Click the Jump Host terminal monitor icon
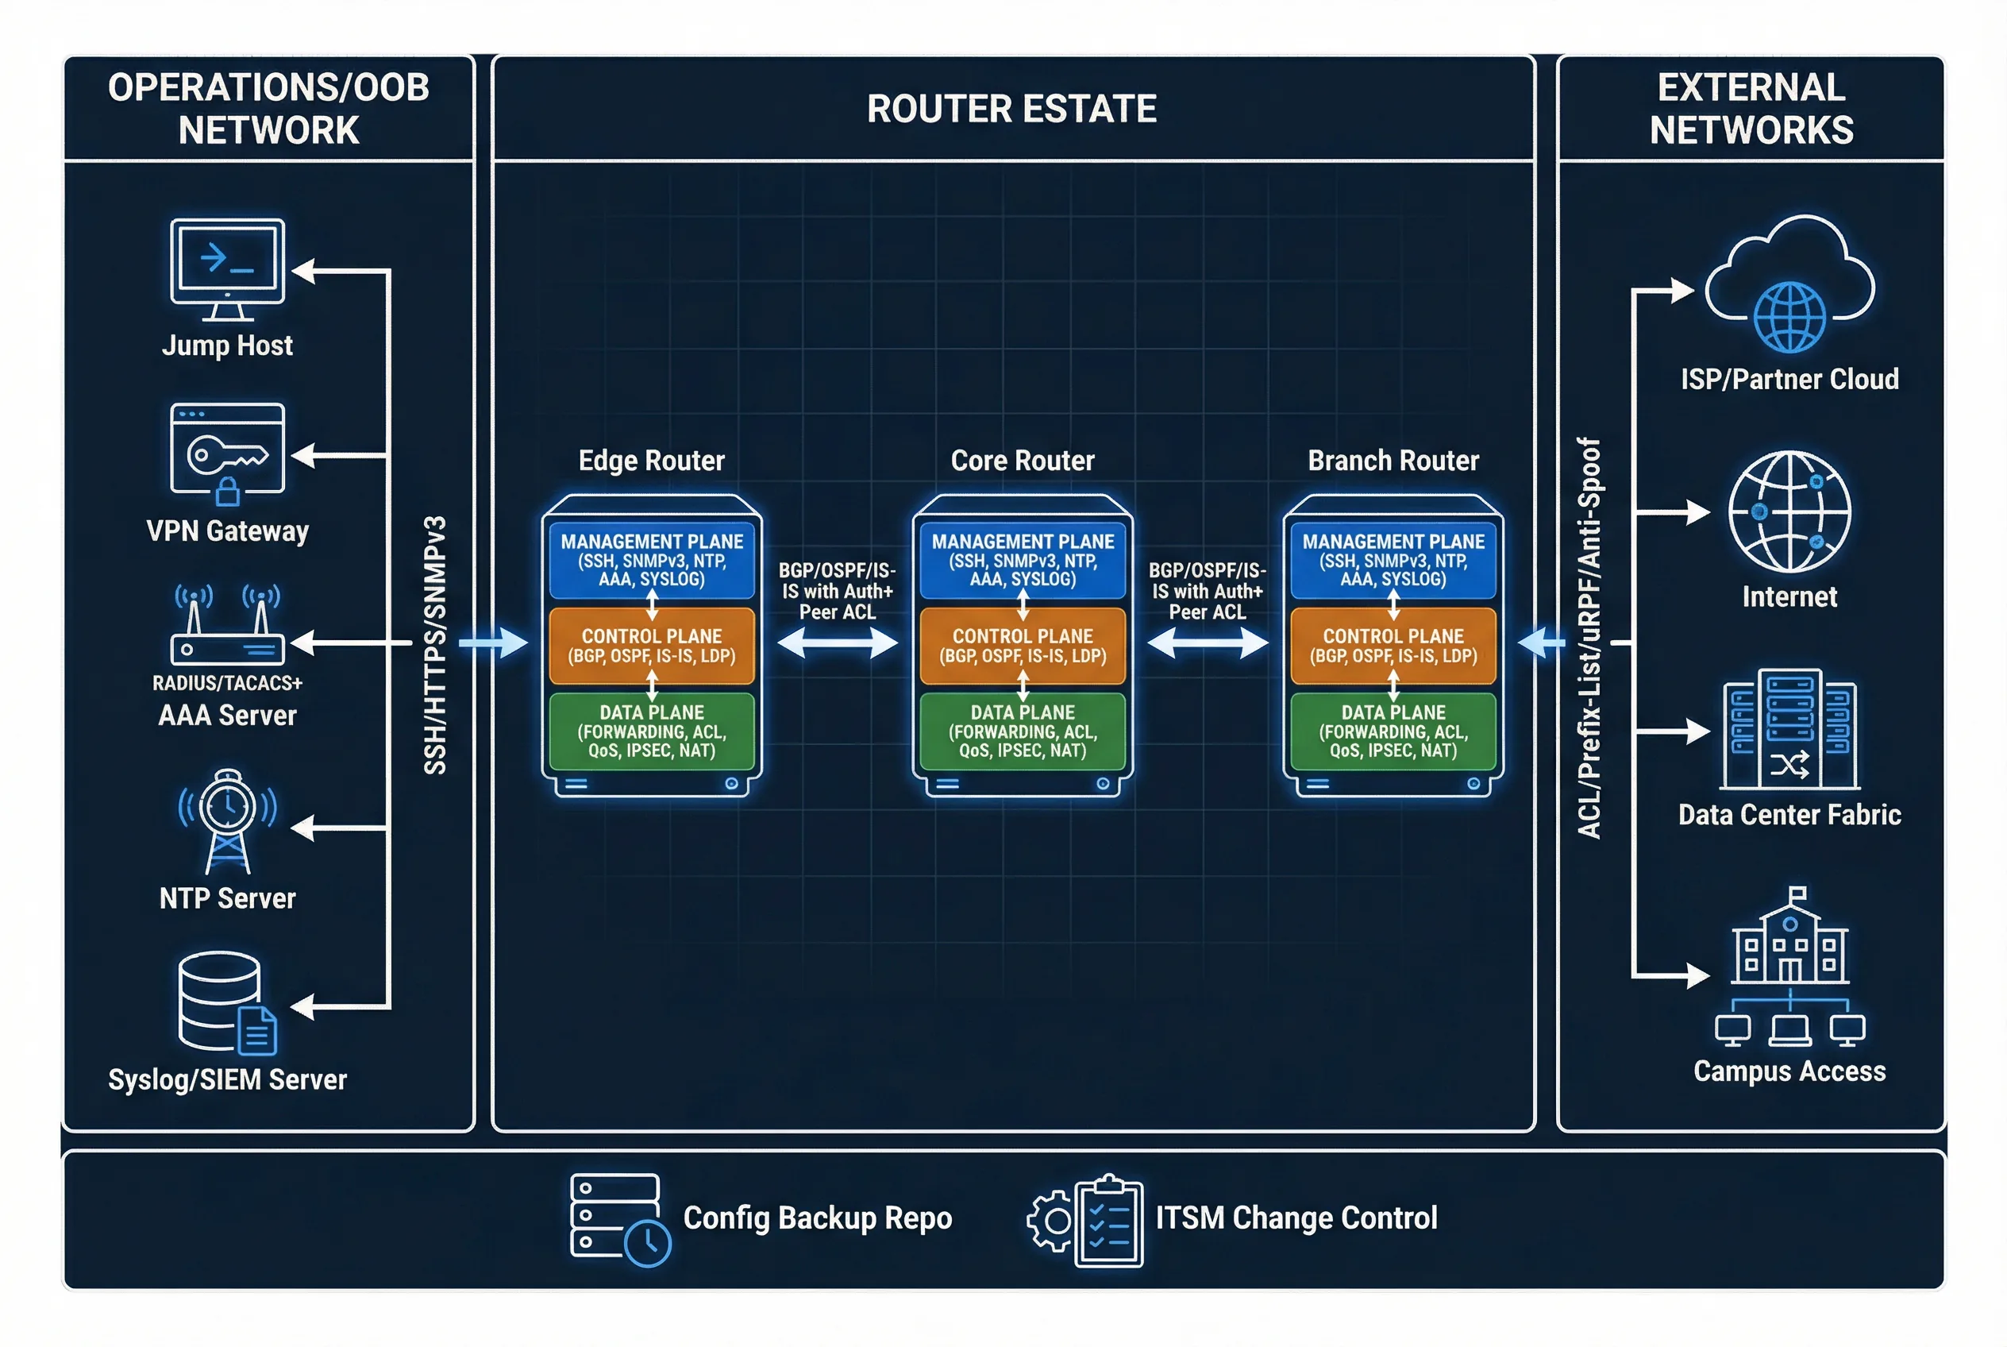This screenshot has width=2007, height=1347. point(227,268)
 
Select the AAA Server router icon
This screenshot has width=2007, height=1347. point(227,627)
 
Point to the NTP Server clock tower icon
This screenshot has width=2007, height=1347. point(227,820)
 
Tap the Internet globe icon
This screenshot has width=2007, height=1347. point(1789,512)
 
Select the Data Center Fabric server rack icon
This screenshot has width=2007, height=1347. point(1789,729)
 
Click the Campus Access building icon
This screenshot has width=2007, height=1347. point(1789,967)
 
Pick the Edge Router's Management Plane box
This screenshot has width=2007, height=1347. point(652,560)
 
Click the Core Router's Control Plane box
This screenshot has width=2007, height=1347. point(1022,646)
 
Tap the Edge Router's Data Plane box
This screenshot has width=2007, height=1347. point(652,731)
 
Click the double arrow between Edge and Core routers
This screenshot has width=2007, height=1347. point(838,643)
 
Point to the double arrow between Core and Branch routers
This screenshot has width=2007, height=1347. point(1207,643)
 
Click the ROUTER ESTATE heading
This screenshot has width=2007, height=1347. point(1011,109)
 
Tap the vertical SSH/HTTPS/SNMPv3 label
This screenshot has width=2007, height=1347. point(435,644)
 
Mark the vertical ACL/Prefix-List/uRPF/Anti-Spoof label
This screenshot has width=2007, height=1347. point(1589,638)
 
